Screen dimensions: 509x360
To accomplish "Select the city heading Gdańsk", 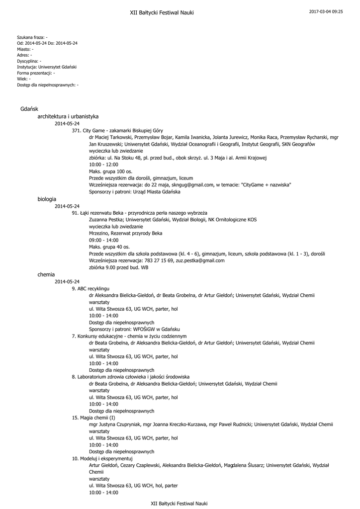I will (x=26, y=108).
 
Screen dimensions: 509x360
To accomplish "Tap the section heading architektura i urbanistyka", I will (x=68, y=116).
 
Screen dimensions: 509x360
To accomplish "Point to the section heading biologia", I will (x=47, y=199).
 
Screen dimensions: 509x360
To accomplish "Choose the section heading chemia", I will (x=46, y=274).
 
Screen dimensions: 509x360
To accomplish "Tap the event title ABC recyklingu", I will (x=93, y=288).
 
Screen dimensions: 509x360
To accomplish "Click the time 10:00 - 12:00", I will (x=103, y=164).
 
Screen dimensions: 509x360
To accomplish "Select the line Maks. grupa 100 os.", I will (x=110, y=171).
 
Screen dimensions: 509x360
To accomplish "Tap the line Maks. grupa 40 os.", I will (x=109, y=247).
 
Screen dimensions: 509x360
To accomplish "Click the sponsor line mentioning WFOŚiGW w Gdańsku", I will (x=134, y=329).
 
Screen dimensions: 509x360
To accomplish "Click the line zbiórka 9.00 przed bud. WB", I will (x=118, y=267).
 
